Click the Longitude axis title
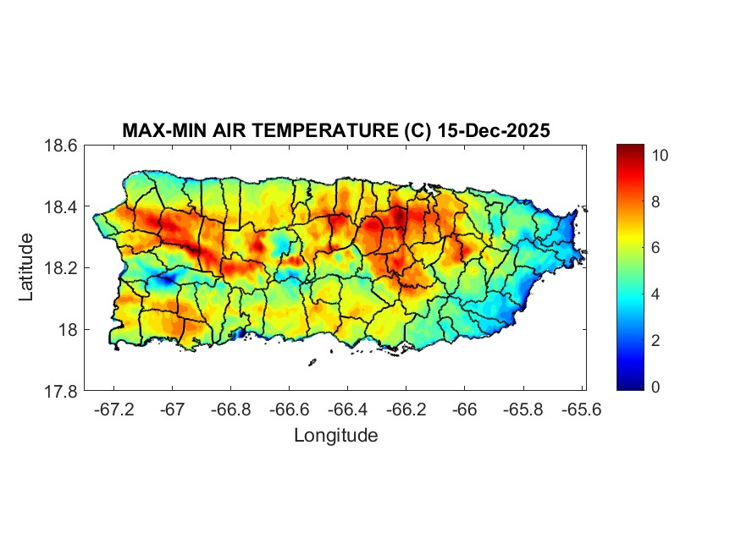(335, 436)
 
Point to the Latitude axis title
(26, 267)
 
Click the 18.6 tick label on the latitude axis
(61, 146)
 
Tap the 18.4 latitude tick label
(61, 207)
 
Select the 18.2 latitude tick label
(61, 268)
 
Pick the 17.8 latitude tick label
(61, 392)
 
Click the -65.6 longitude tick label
(581, 409)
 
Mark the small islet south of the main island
(312, 363)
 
